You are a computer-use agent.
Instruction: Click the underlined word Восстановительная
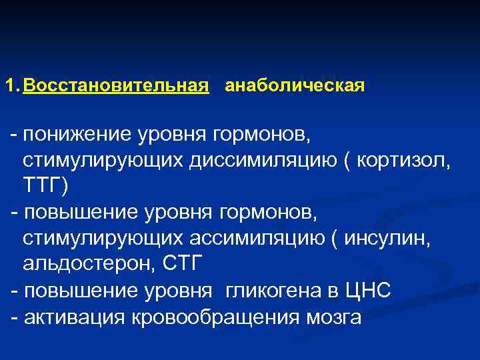pos(116,87)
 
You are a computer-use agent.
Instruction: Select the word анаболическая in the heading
pos(295,87)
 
